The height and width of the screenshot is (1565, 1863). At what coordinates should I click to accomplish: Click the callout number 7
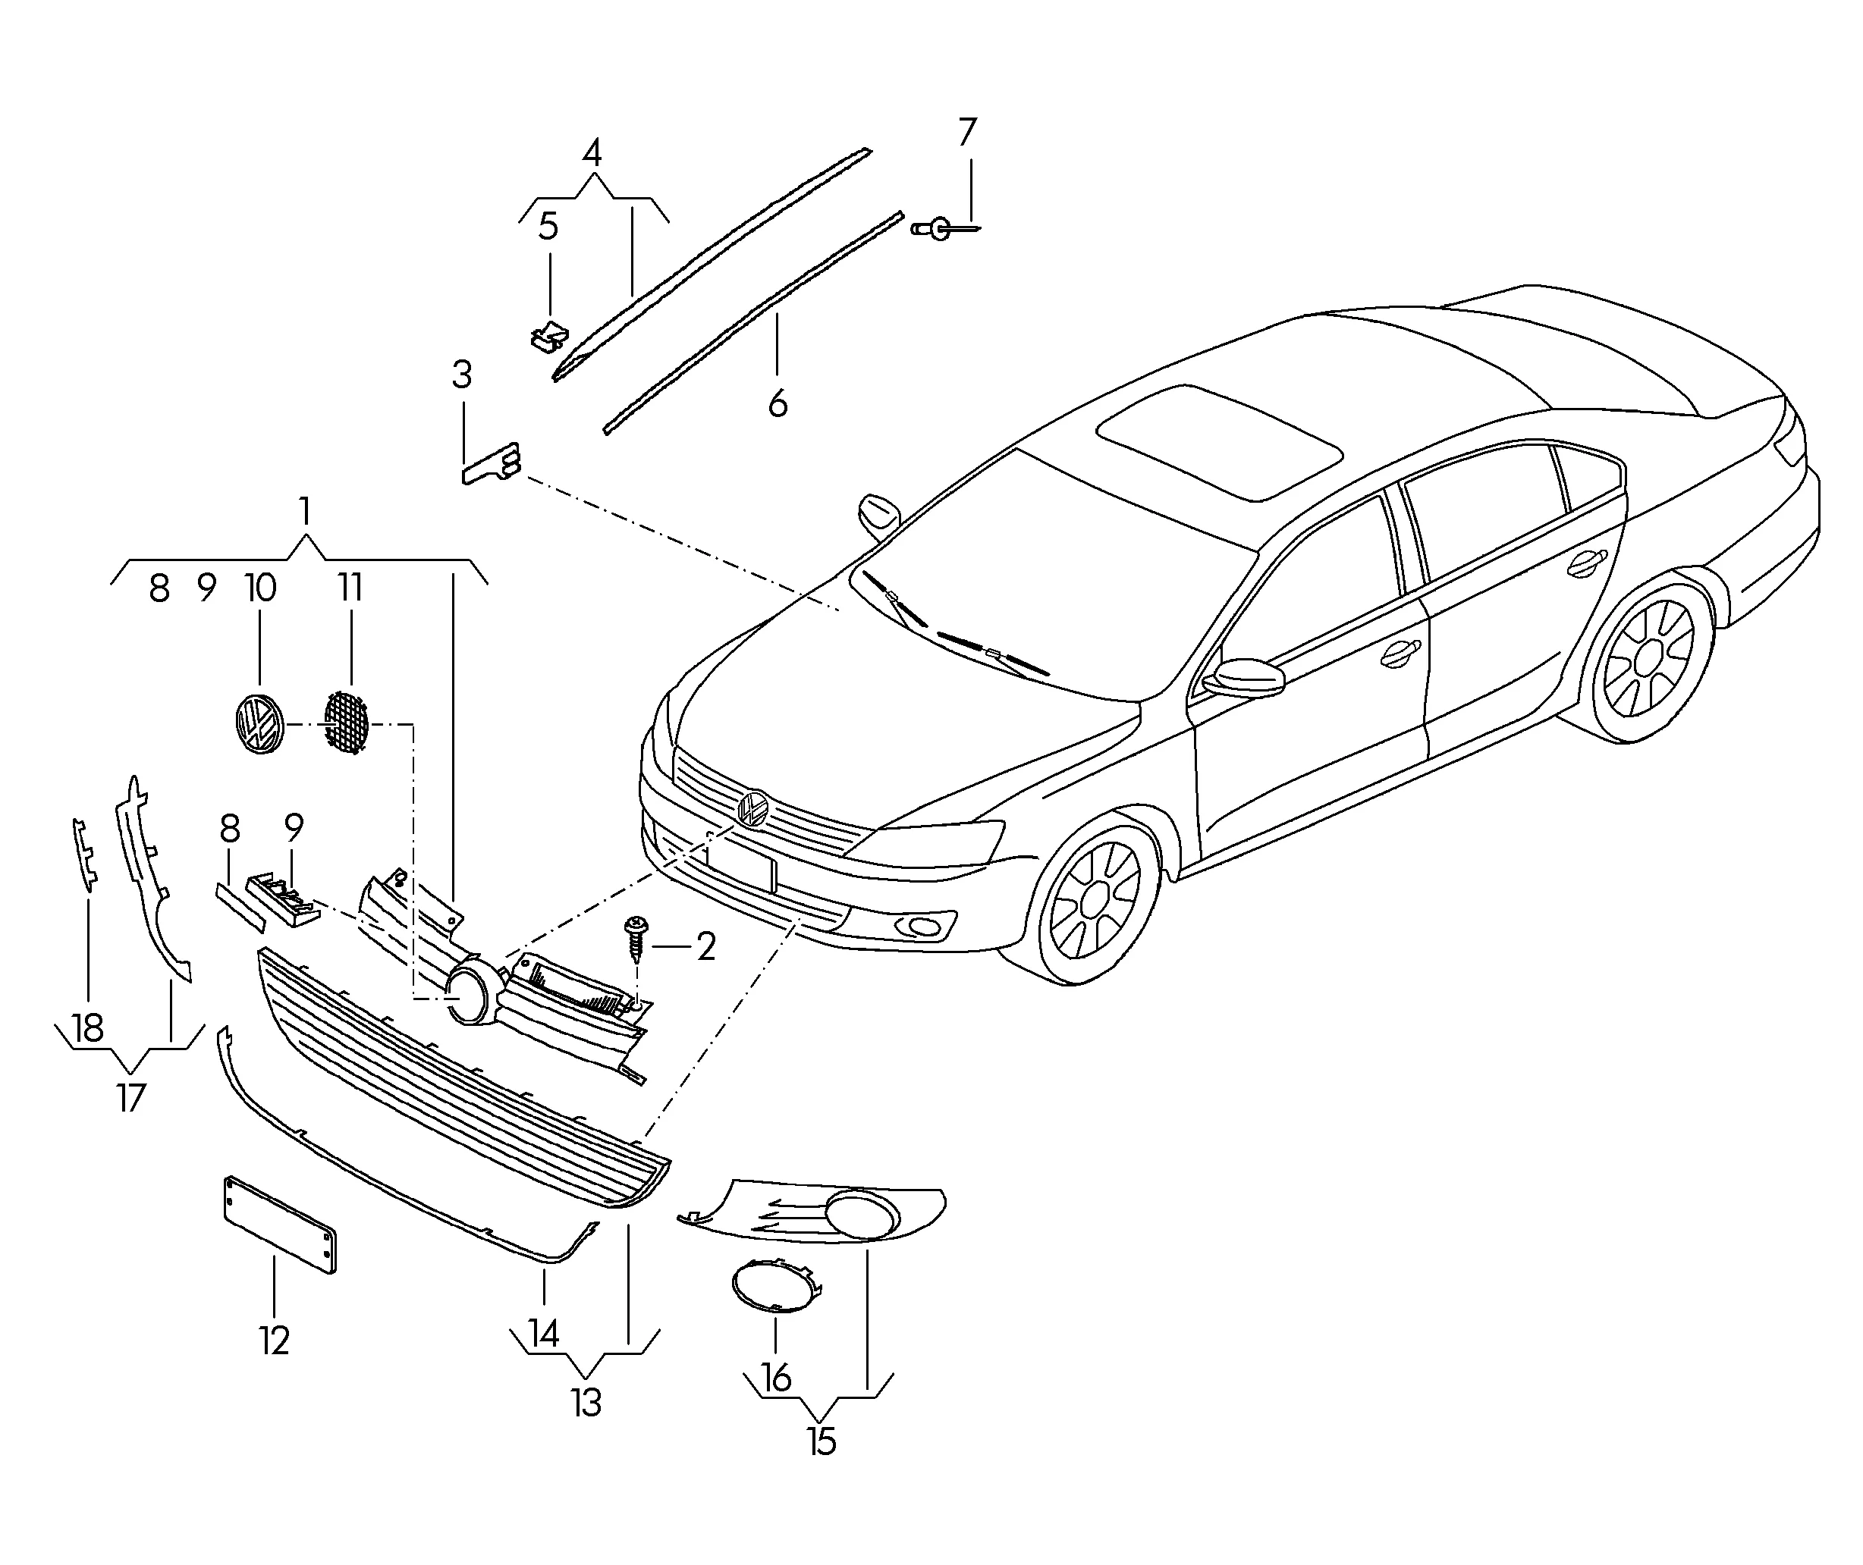967,132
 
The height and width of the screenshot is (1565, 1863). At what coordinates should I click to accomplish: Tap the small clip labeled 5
550,336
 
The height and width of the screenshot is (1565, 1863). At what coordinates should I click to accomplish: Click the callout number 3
461,375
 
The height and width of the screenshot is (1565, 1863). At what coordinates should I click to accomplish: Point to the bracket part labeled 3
491,463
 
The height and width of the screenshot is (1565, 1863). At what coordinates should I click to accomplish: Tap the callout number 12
275,1341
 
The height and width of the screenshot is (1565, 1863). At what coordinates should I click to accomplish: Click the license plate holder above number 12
281,1225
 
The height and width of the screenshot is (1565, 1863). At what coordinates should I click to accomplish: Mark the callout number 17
130,1099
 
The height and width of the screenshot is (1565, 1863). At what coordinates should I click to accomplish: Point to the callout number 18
88,1029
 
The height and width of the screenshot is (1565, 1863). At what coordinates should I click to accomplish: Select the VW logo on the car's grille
752,808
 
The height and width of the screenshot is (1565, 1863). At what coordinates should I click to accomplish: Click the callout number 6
778,403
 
